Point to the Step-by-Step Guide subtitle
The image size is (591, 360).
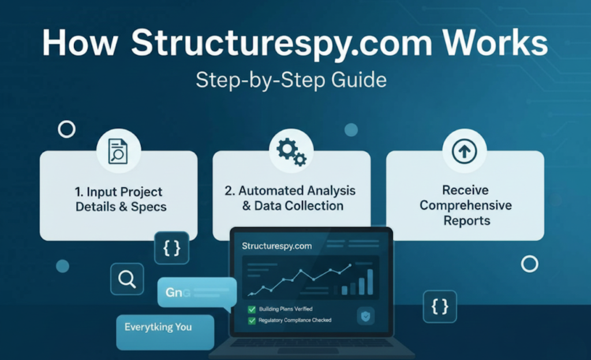(x=291, y=80)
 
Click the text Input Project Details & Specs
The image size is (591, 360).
(x=119, y=199)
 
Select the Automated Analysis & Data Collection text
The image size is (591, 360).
(x=291, y=198)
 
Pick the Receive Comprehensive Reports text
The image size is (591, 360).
(x=465, y=205)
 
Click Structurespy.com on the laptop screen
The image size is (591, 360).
(x=276, y=246)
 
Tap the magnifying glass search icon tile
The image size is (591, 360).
(x=127, y=279)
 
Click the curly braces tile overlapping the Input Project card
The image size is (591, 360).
(x=171, y=248)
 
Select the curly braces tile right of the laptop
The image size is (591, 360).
(x=440, y=306)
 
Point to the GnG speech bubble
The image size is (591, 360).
(x=196, y=292)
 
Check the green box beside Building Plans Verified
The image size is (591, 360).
(x=252, y=309)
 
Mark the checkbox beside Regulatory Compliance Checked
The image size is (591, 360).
(x=252, y=320)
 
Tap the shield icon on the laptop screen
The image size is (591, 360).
(x=366, y=316)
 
